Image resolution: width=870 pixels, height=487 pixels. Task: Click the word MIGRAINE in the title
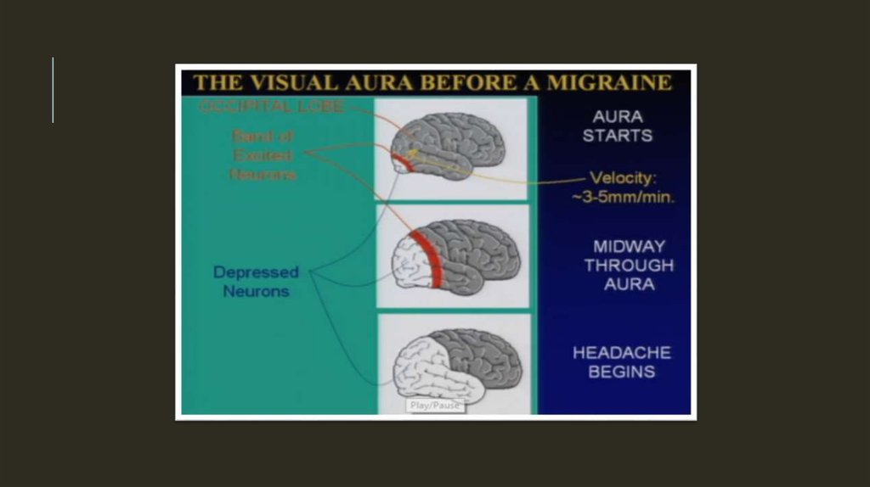[x=609, y=82]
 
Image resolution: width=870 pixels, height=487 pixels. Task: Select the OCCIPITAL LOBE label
[x=272, y=107]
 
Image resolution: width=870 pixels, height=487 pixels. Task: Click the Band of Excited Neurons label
[x=263, y=154]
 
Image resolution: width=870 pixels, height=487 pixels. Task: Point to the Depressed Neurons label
[x=256, y=282]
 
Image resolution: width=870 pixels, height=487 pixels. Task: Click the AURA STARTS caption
[x=618, y=126]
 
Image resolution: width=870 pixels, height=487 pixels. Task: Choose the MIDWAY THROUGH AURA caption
[x=629, y=265]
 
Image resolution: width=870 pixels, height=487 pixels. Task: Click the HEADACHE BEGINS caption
[x=622, y=361]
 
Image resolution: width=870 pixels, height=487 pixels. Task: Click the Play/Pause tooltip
[x=434, y=406]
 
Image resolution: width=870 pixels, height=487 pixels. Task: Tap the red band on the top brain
[x=408, y=161]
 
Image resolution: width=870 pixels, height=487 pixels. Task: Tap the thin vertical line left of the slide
[x=53, y=90]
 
